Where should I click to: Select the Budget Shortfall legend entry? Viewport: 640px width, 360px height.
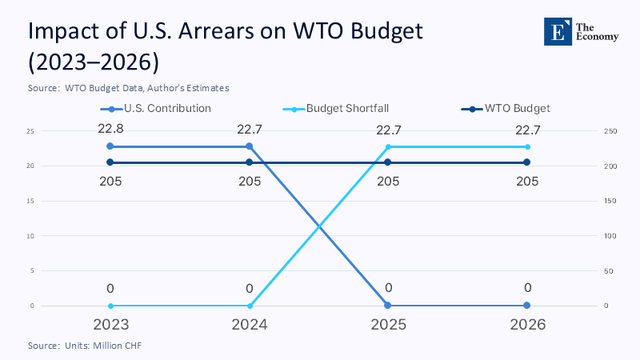[336, 108]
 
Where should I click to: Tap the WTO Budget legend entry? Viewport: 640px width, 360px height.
[506, 108]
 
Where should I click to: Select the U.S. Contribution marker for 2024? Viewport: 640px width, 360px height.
[250, 146]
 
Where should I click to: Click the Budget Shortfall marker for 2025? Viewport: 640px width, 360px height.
[388, 146]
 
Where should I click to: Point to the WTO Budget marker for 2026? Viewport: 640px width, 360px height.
[527, 162]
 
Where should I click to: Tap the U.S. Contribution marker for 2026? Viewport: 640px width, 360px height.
[527, 306]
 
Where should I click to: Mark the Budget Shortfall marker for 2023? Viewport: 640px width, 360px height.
[110, 306]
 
